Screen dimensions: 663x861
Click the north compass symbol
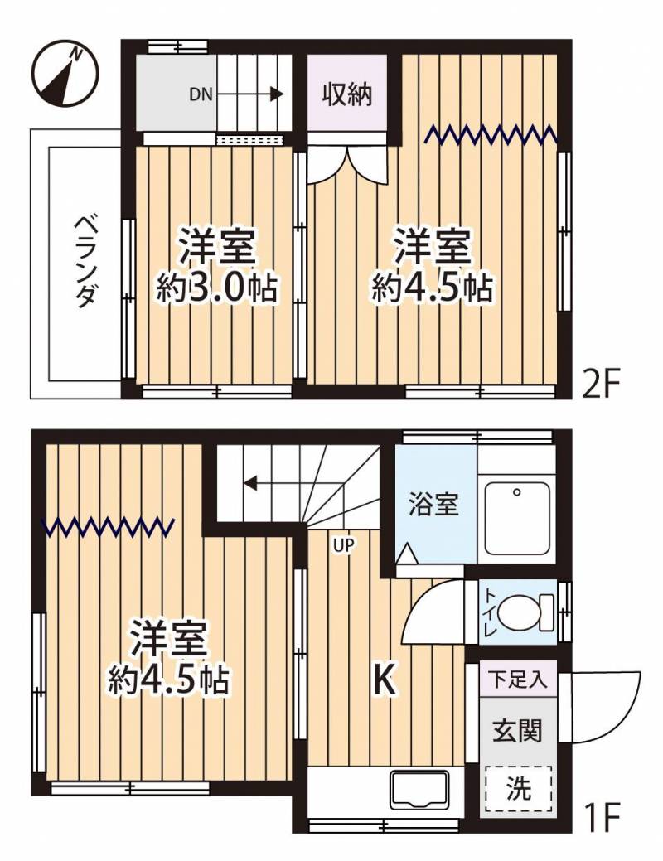pyautogui.click(x=65, y=74)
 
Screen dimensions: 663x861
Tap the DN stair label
pyautogui.click(x=201, y=94)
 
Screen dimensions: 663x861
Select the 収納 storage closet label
pyautogui.click(x=347, y=94)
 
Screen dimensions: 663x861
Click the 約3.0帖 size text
pyautogui.click(x=216, y=288)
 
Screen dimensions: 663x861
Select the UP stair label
pyautogui.click(x=343, y=544)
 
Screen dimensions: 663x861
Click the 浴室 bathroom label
pyautogui.click(x=433, y=504)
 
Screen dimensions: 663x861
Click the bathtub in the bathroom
pyautogui.click(x=518, y=520)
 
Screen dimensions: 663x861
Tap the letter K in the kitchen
pyautogui.click(x=385, y=681)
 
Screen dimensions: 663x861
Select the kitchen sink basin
pyautogui.click(x=419, y=789)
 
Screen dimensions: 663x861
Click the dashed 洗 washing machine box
pyautogui.click(x=518, y=790)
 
